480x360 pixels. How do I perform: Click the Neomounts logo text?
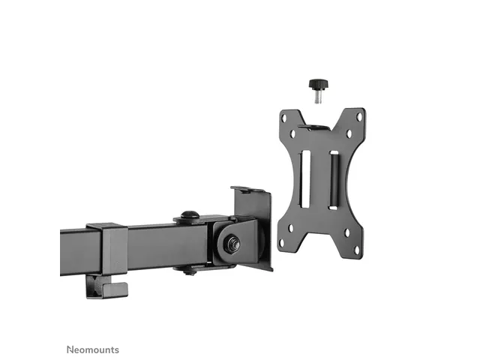[x=92, y=328]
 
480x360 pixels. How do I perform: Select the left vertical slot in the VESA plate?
[x=305, y=178]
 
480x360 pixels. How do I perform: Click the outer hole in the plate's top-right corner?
[x=359, y=117]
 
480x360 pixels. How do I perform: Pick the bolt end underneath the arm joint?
[x=190, y=271]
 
